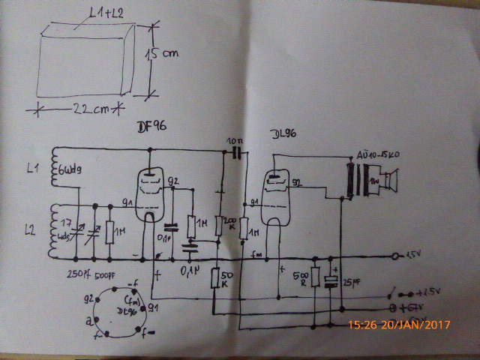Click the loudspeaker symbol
coord(388,181)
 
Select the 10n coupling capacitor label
coord(234,141)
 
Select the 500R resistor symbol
coord(314,275)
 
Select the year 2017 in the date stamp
coord(441,326)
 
